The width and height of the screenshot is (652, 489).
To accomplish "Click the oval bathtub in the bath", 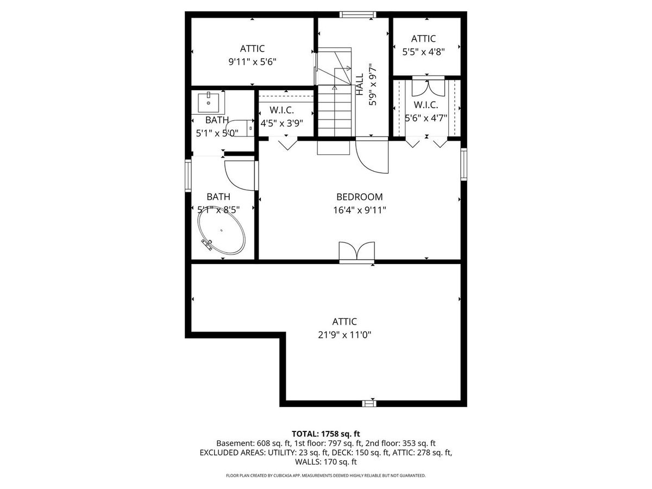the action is click(222, 230).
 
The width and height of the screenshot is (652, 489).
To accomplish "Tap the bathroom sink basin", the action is click(209, 102).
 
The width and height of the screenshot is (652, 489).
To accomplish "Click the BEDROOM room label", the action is click(360, 197).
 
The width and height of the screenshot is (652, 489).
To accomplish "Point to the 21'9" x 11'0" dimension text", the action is click(344, 335).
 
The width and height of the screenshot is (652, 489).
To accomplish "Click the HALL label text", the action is click(360, 85).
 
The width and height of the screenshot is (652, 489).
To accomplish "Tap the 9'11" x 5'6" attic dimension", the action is click(253, 62).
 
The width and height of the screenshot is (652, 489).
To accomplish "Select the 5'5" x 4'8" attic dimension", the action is click(423, 52).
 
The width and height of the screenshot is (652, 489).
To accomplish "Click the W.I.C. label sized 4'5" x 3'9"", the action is click(281, 110).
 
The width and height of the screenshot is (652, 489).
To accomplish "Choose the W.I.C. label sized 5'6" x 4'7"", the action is click(425, 105).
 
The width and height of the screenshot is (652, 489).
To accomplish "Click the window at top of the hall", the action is click(358, 15).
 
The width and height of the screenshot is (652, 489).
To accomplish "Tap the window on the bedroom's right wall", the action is click(463, 165).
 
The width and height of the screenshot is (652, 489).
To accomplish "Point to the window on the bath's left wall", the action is click(188, 175).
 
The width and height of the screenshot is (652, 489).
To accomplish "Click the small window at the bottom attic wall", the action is click(369, 404).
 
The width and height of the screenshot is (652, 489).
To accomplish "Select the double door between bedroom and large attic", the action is click(357, 252).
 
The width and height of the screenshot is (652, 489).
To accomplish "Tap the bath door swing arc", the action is click(236, 180).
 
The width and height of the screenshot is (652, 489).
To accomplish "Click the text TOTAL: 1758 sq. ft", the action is click(326, 434).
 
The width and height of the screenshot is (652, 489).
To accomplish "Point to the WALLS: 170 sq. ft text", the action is click(326, 462).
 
